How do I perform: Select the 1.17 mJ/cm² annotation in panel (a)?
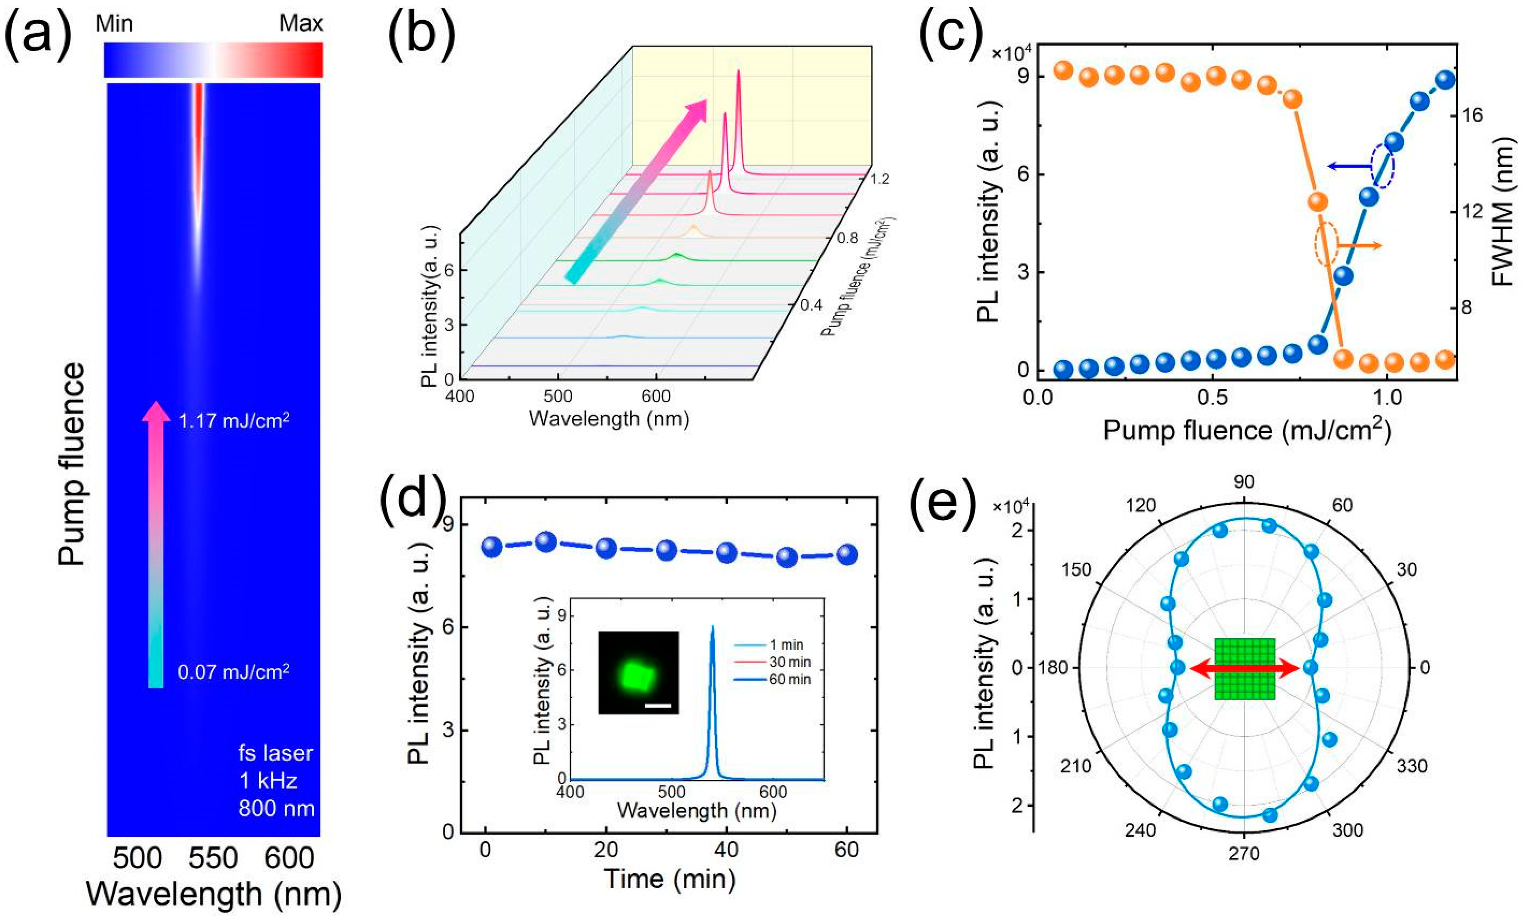tap(234, 421)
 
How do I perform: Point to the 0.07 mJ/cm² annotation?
tap(234, 672)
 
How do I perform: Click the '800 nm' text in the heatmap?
tap(276, 808)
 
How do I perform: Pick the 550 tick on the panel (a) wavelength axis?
tap(213, 859)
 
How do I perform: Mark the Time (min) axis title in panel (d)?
tap(669, 878)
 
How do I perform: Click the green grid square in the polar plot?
tap(1244, 668)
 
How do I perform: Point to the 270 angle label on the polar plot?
tap(1244, 854)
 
